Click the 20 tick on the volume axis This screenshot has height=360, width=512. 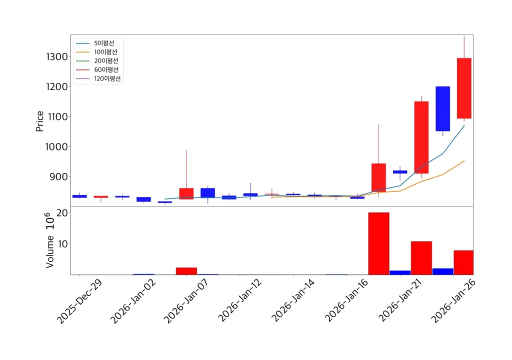coord(62,213)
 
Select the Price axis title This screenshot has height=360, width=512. coord(40,121)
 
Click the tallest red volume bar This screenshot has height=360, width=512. coord(378,243)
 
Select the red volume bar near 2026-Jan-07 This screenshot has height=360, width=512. coord(186,271)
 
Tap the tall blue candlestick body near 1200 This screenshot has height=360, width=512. coord(442,108)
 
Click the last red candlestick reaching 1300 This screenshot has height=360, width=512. coord(464,88)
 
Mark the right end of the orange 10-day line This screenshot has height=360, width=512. coord(464,160)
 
